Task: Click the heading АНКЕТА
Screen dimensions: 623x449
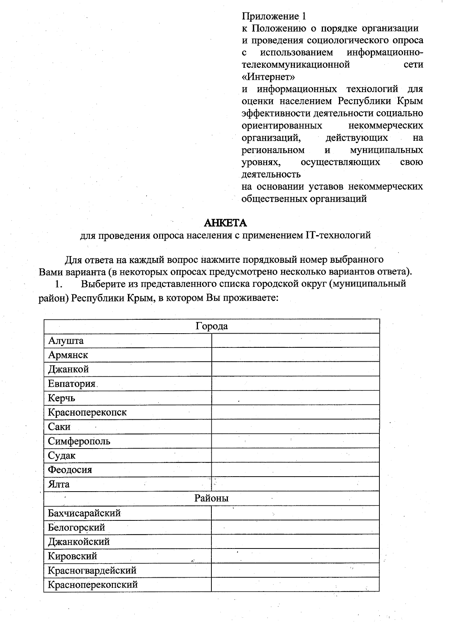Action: coord(225,223)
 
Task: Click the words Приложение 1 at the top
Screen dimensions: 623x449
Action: coord(274,16)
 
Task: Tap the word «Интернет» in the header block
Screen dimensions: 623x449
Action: coord(268,77)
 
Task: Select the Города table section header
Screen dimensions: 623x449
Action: coord(212,326)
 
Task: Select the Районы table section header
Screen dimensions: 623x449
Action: coord(211,498)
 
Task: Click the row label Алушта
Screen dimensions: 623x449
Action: coord(66,341)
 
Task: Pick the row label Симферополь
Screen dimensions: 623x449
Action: coord(79,441)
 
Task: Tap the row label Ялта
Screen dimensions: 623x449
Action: coord(59,484)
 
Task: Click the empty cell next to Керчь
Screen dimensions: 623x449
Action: coord(296,398)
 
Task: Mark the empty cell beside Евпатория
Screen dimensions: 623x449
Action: coord(296,384)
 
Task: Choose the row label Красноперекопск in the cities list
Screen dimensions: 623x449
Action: coord(87,412)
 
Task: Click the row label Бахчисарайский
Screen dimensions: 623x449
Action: coord(84,513)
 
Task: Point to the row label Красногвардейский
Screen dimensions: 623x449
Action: coord(92,570)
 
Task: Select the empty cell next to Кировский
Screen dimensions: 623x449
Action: coord(296,556)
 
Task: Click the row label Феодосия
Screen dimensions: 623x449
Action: coord(70,469)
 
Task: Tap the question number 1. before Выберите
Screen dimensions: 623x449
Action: coord(58,284)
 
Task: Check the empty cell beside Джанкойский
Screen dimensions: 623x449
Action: coord(296,542)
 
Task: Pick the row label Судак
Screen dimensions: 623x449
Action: coord(62,455)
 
